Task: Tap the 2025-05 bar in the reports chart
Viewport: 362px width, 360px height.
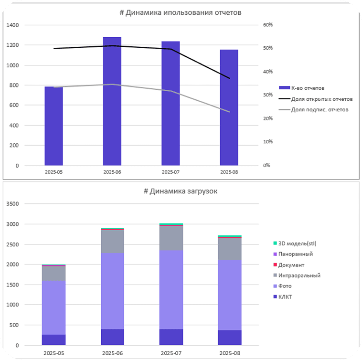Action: click(53, 127)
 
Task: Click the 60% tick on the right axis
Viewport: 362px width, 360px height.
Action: click(267, 25)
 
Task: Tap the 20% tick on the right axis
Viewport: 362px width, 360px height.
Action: click(267, 118)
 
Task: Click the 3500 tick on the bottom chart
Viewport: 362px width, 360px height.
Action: click(13, 204)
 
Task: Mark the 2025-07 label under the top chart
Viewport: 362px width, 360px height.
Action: click(170, 171)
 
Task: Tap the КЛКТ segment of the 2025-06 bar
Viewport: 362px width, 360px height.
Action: click(112, 337)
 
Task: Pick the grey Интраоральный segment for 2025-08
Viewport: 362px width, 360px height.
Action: click(229, 248)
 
